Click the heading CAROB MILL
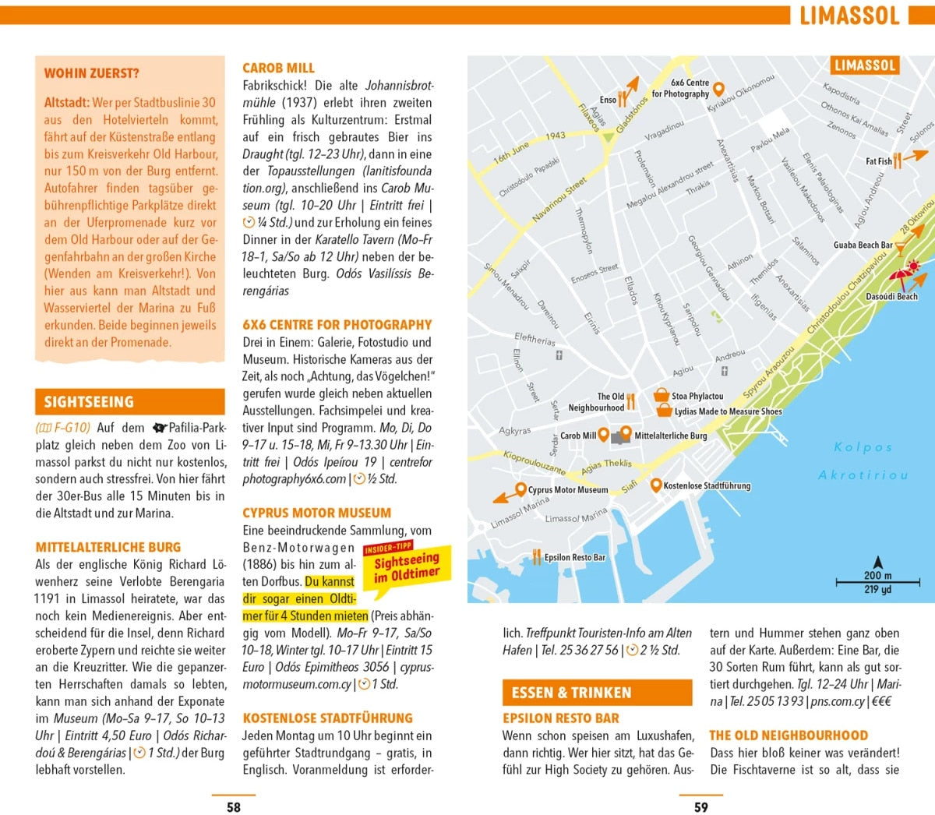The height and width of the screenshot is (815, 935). coord(278,68)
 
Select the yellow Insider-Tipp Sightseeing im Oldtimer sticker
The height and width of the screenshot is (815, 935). coord(406,566)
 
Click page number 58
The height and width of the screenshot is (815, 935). coord(234,807)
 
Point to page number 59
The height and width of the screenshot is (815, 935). coord(701,807)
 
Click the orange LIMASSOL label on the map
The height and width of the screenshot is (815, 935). coord(864,65)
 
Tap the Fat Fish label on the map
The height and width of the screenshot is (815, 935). coord(879,161)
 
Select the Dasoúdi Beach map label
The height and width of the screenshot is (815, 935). coord(891,296)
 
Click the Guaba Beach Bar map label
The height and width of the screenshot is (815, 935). coord(863,245)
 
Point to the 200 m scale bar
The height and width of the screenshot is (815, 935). coord(877,581)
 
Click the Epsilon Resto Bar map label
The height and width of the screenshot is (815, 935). coord(574,557)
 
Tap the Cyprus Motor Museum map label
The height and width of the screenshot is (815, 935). coord(567,490)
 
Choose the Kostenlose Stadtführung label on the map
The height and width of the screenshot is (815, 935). coord(707,485)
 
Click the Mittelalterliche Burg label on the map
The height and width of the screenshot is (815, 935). coord(670,436)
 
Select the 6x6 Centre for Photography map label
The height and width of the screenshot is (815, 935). coord(680,88)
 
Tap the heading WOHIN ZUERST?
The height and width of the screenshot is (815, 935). coord(92,73)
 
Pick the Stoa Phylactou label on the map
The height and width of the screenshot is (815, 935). coord(697,396)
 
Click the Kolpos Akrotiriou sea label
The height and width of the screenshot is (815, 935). coord(863,460)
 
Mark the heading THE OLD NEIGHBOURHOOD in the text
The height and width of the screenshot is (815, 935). coord(788,735)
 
